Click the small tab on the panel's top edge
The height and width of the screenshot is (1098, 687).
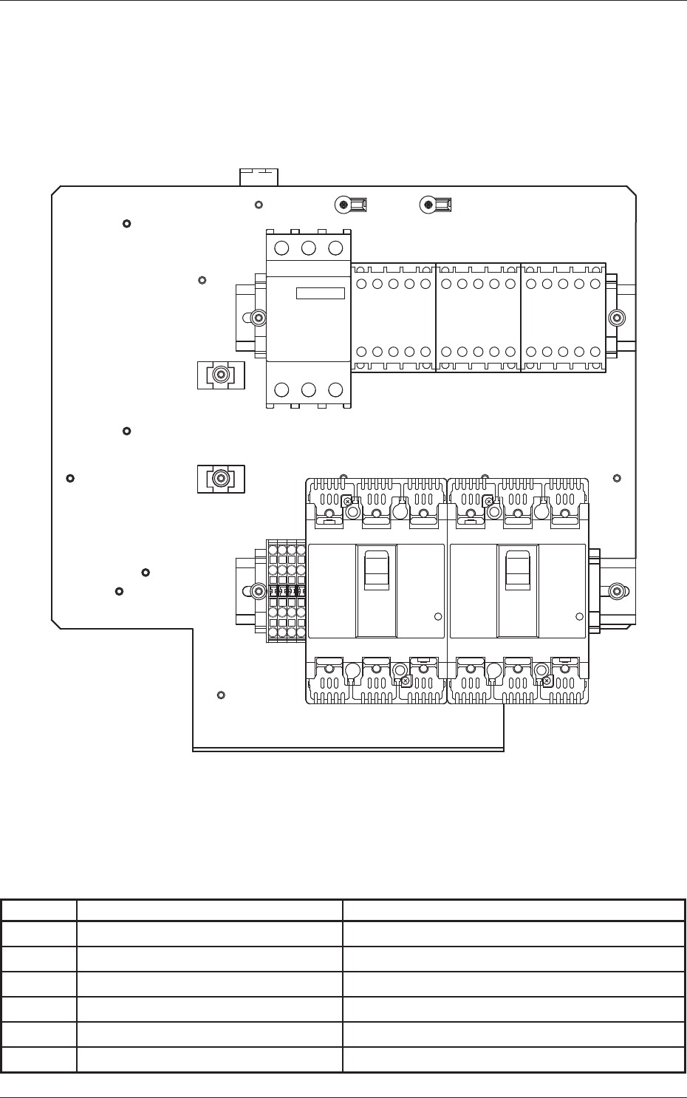pos(259,177)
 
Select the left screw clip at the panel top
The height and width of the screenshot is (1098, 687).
pos(351,204)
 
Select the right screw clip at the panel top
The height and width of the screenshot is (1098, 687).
pos(435,204)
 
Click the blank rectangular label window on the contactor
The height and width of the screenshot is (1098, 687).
pos(321,293)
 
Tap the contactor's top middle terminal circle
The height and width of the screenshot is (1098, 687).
pos(310,248)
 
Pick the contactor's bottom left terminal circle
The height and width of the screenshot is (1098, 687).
pos(283,389)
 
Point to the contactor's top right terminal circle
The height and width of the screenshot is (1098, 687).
pos(335,248)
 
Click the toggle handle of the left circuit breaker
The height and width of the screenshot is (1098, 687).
pos(376,569)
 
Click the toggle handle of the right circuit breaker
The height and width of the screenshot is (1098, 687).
pos(517,569)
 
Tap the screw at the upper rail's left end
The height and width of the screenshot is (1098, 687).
pos(258,318)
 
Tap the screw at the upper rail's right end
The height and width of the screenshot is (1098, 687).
pos(617,318)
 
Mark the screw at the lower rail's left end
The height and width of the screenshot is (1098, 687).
pos(258,591)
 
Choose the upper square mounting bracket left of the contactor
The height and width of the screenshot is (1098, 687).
pos(220,375)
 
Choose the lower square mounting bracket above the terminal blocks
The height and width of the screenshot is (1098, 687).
pos(220,479)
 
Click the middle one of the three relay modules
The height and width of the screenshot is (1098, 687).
pos(478,318)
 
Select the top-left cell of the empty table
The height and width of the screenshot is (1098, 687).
pos(39,910)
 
